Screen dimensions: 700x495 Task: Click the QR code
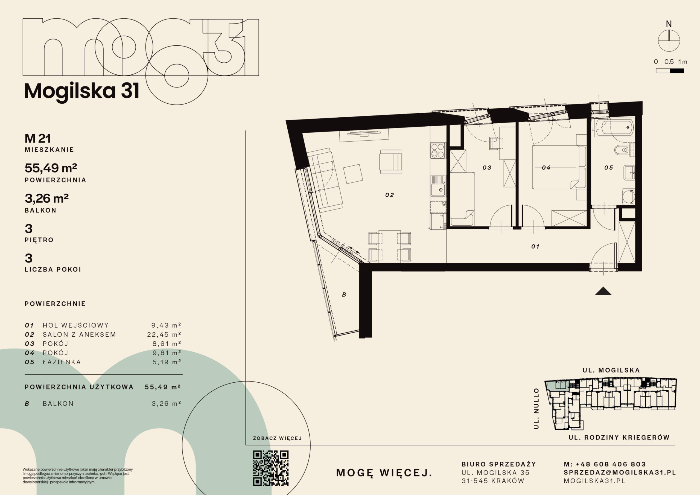271,468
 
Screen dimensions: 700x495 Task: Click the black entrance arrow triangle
603,291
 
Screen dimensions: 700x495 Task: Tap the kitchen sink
438,186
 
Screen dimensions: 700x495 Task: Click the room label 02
389,195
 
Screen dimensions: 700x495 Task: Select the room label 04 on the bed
546,167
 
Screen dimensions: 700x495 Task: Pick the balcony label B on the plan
344,295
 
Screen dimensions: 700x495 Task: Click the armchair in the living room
390,162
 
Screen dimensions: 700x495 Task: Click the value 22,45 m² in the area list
164,334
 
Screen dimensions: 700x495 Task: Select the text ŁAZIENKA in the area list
62,362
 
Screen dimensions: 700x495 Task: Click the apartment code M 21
37,139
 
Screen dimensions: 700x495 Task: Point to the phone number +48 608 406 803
611,464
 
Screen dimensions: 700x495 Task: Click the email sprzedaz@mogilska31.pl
620,472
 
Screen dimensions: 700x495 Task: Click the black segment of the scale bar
677,71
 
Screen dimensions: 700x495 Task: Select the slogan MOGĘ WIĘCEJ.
384,473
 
